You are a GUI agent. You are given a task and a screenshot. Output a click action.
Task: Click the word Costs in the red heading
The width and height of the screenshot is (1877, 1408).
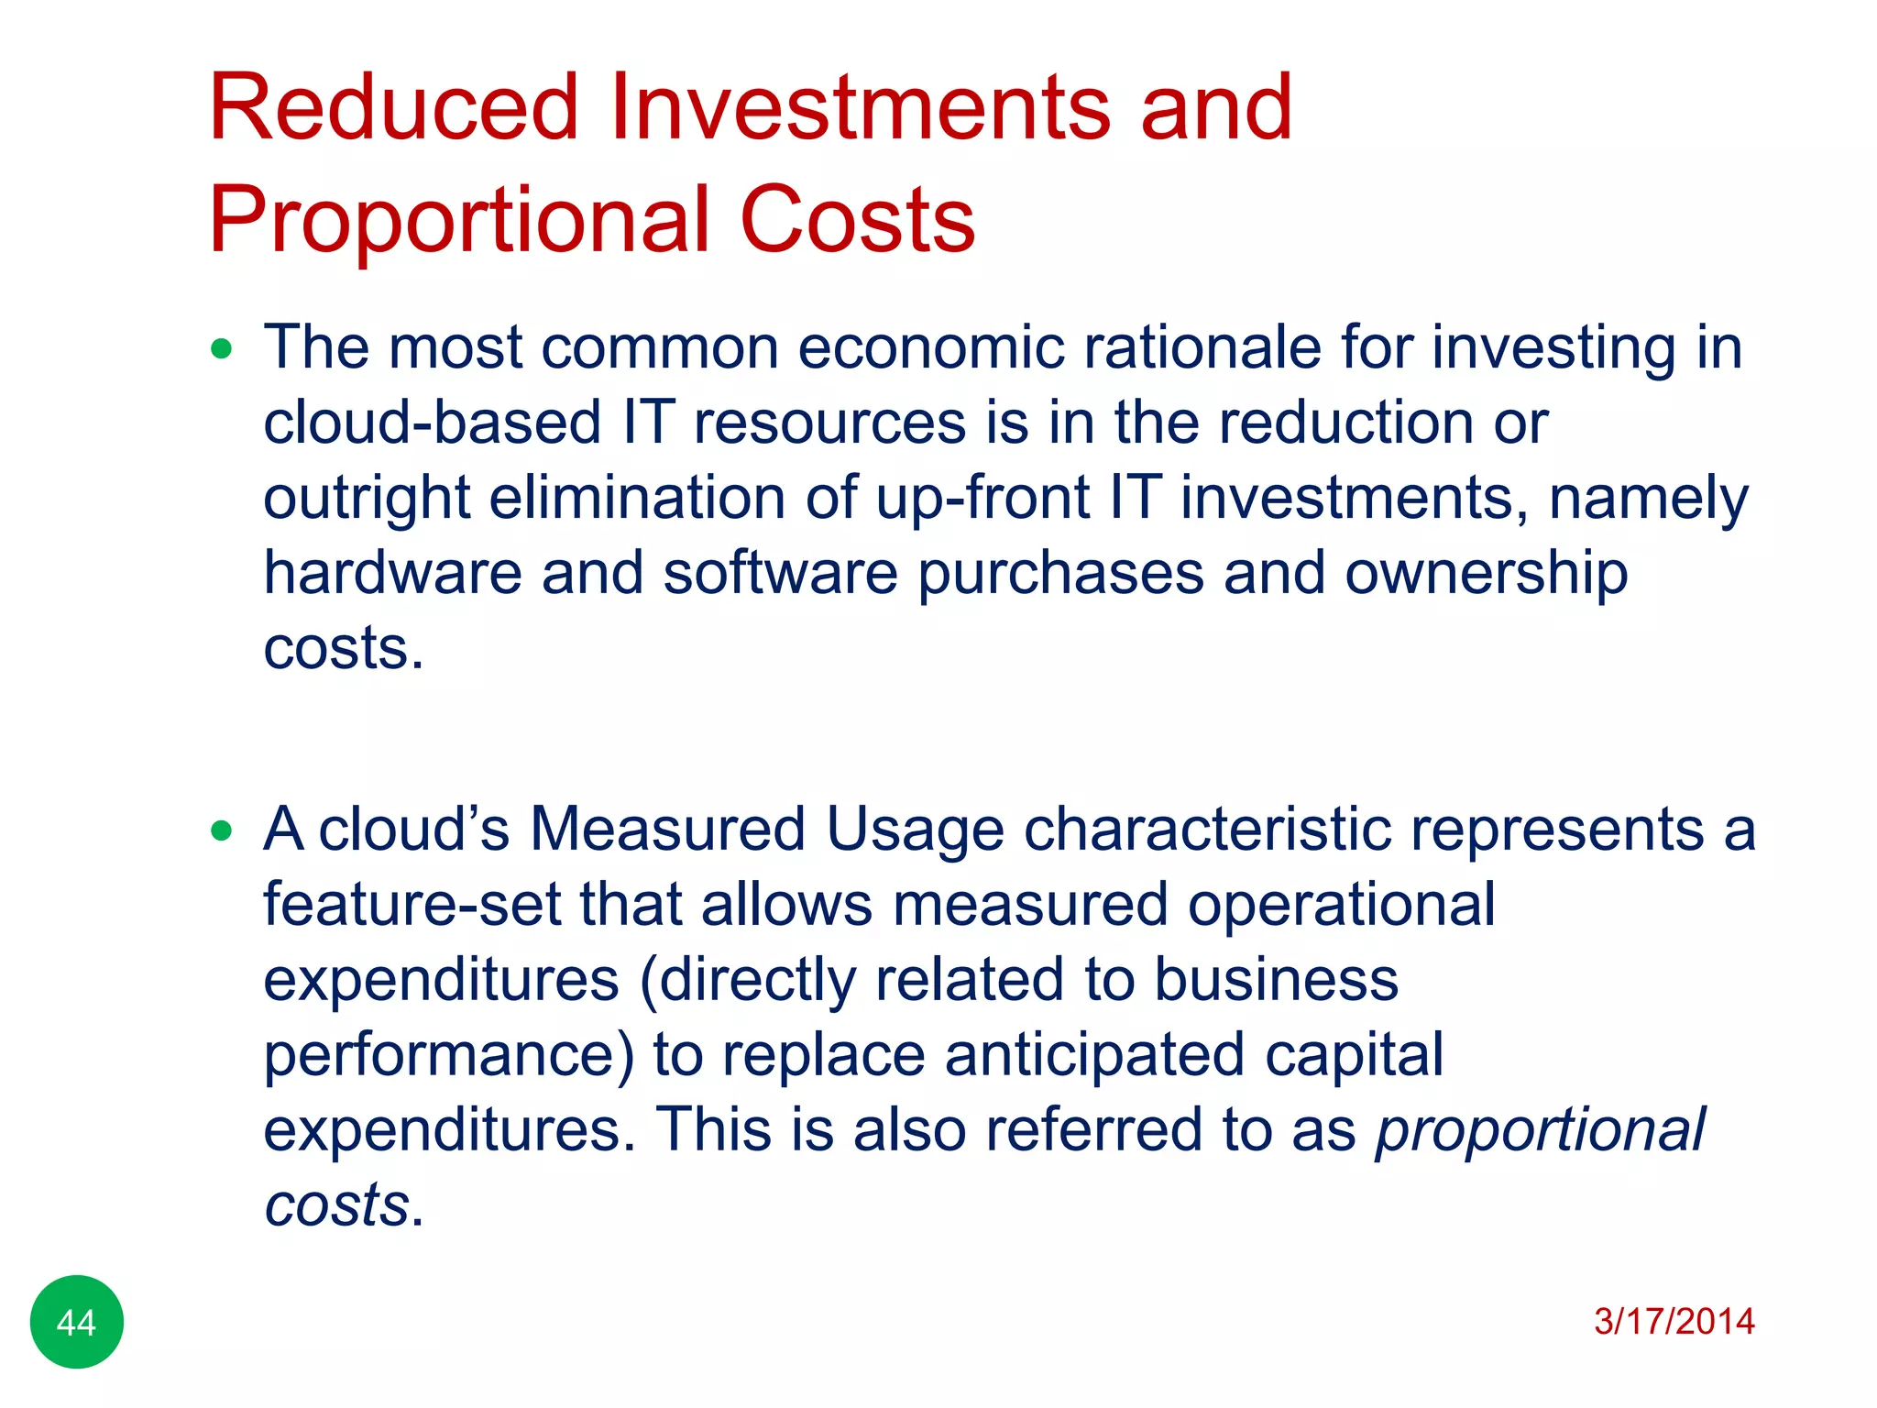coord(857,220)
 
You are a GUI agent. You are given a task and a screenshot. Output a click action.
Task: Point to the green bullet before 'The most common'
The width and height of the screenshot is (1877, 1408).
coord(221,349)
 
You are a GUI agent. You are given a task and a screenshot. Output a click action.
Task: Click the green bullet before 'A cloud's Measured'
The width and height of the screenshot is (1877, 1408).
coord(221,831)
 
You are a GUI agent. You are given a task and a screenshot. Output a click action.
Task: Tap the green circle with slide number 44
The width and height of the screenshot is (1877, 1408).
coord(77,1322)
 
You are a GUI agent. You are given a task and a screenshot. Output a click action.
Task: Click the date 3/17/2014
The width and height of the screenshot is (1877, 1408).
coord(1674,1322)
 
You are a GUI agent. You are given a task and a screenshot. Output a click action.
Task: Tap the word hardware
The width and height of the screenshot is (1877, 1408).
coord(392,574)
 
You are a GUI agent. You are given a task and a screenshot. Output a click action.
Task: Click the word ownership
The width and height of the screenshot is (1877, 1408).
coord(1486,574)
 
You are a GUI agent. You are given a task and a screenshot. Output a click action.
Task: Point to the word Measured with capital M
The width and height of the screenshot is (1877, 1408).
coord(667,830)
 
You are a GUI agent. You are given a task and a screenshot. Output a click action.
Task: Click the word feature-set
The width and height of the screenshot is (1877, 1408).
coord(412,905)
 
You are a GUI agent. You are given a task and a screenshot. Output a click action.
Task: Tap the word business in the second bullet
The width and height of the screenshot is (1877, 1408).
coord(1276,980)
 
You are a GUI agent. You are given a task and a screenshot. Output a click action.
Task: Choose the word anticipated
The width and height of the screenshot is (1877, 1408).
coord(1094,1055)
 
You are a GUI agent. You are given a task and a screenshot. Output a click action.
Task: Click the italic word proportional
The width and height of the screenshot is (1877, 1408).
coord(1540,1130)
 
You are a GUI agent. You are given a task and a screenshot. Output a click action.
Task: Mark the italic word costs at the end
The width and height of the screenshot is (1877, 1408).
coord(336,1204)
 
